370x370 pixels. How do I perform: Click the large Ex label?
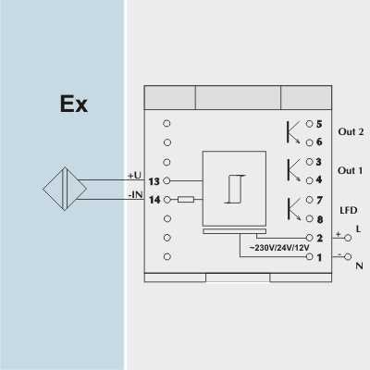74,104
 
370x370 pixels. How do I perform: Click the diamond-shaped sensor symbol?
65,189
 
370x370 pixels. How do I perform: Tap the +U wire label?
134,176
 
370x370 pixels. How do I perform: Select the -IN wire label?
135,195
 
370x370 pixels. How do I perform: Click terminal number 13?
154,181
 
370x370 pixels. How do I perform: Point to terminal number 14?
154,200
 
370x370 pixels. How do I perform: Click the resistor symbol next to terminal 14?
186,200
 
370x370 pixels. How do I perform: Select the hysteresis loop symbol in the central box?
235,189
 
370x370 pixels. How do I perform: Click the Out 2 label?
351,131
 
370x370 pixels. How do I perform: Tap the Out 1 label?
351,170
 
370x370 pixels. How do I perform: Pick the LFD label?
349,210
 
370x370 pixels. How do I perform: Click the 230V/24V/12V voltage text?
279,248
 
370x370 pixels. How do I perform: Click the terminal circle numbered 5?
309,124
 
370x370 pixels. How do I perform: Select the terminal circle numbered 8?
310,218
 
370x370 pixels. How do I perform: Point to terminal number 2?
320,238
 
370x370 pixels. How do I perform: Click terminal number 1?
319,257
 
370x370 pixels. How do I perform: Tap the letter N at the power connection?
359,265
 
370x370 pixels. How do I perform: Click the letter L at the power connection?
358,229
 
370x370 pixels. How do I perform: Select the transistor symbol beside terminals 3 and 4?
293,170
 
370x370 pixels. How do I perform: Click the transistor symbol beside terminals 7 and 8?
294,209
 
